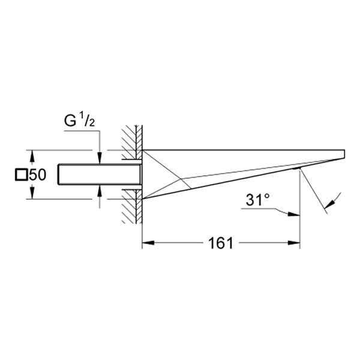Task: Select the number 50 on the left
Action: click(x=38, y=175)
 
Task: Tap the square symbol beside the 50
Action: click(x=22, y=175)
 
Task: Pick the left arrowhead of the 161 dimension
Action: click(x=146, y=243)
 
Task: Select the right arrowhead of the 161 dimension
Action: click(x=295, y=243)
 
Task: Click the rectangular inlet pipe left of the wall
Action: click(x=99, y=175)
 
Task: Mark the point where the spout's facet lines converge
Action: click(x=181, y=178)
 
